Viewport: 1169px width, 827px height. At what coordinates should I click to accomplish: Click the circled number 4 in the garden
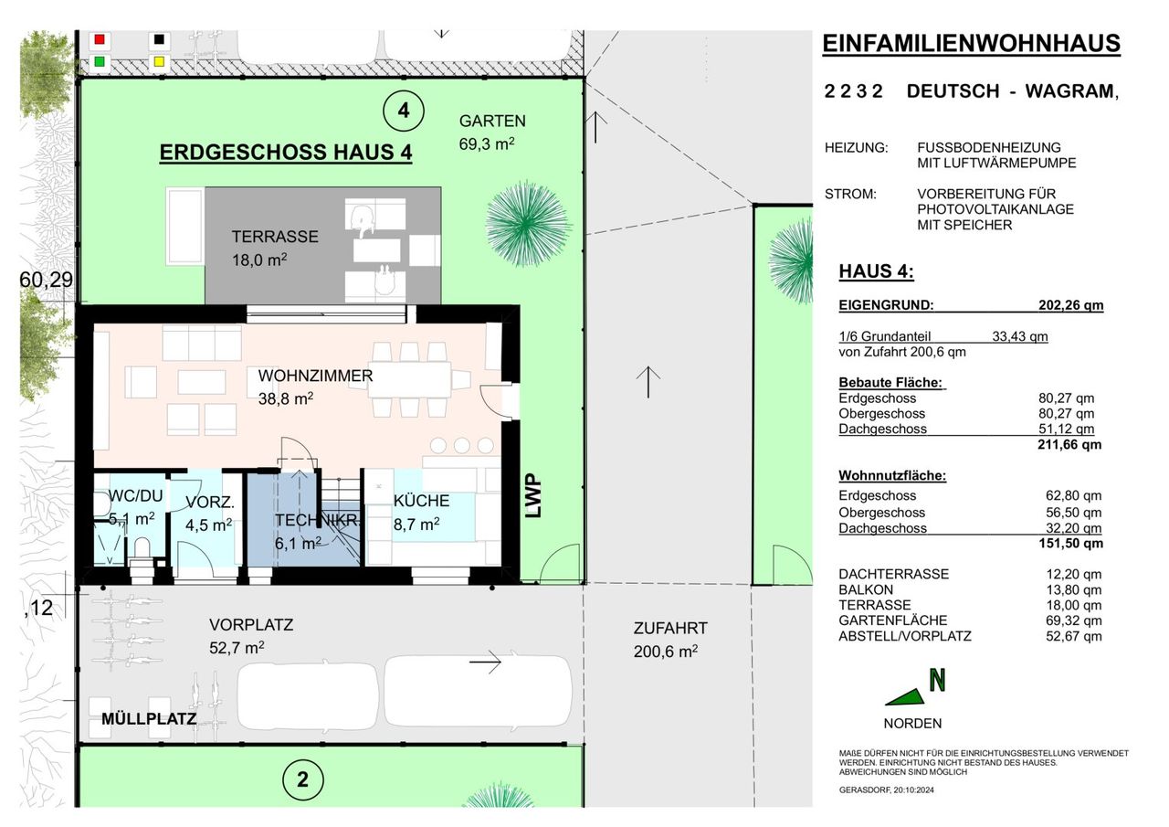click(x=404, y=111)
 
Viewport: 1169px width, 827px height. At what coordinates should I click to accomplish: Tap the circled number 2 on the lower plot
click(x=302, y=780)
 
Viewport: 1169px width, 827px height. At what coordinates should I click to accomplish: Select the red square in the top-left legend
click(x=100, y=39)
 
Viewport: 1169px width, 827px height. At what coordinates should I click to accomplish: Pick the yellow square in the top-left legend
click(x=159, y=61)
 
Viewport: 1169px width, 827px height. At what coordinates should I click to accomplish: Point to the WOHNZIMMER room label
click(x=315, y=376)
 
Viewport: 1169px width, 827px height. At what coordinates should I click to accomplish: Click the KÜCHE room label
click(x=421, y=501)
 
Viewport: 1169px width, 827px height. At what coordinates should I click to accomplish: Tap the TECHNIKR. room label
click(x=318, y=520)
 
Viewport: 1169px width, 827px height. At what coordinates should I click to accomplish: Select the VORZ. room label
click(x=210, y=503)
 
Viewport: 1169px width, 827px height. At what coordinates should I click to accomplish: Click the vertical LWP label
click(x=533, y=495)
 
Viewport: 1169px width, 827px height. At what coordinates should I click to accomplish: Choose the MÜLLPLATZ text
click(x=149, y=719)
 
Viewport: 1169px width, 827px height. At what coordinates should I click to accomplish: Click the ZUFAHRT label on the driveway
click(x=670, y=628)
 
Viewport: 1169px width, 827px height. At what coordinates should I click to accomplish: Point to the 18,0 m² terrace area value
click(x=259, y=260)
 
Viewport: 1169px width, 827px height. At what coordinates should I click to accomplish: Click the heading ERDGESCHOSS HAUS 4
click(x=286, y=153)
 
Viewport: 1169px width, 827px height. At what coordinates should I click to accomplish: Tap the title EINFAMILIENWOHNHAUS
click(x=971, y=43)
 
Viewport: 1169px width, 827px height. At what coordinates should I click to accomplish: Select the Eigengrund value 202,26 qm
click(x=1071, y=305)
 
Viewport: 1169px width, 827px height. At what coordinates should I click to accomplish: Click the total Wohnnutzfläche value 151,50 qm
click(x=1071, y=543)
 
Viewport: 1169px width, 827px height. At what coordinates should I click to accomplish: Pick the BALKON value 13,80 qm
click(x=1074, y=589)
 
